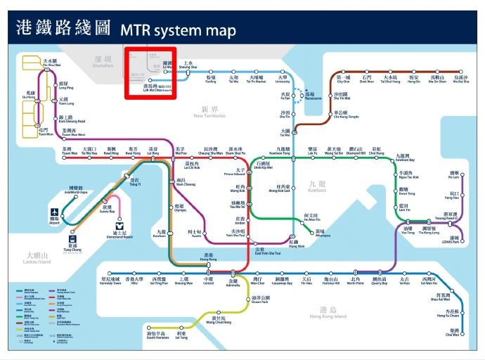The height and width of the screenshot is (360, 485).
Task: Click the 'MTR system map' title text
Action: pyautogui.click(x=178, y=30)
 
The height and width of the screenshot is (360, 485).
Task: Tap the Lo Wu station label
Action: pyautogui.click(x=167, y=66)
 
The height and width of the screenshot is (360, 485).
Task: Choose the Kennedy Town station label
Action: pyautogui.click(x=115, y=281)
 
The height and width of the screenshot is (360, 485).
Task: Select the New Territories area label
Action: pyautogui.click(x=210, y=112)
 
